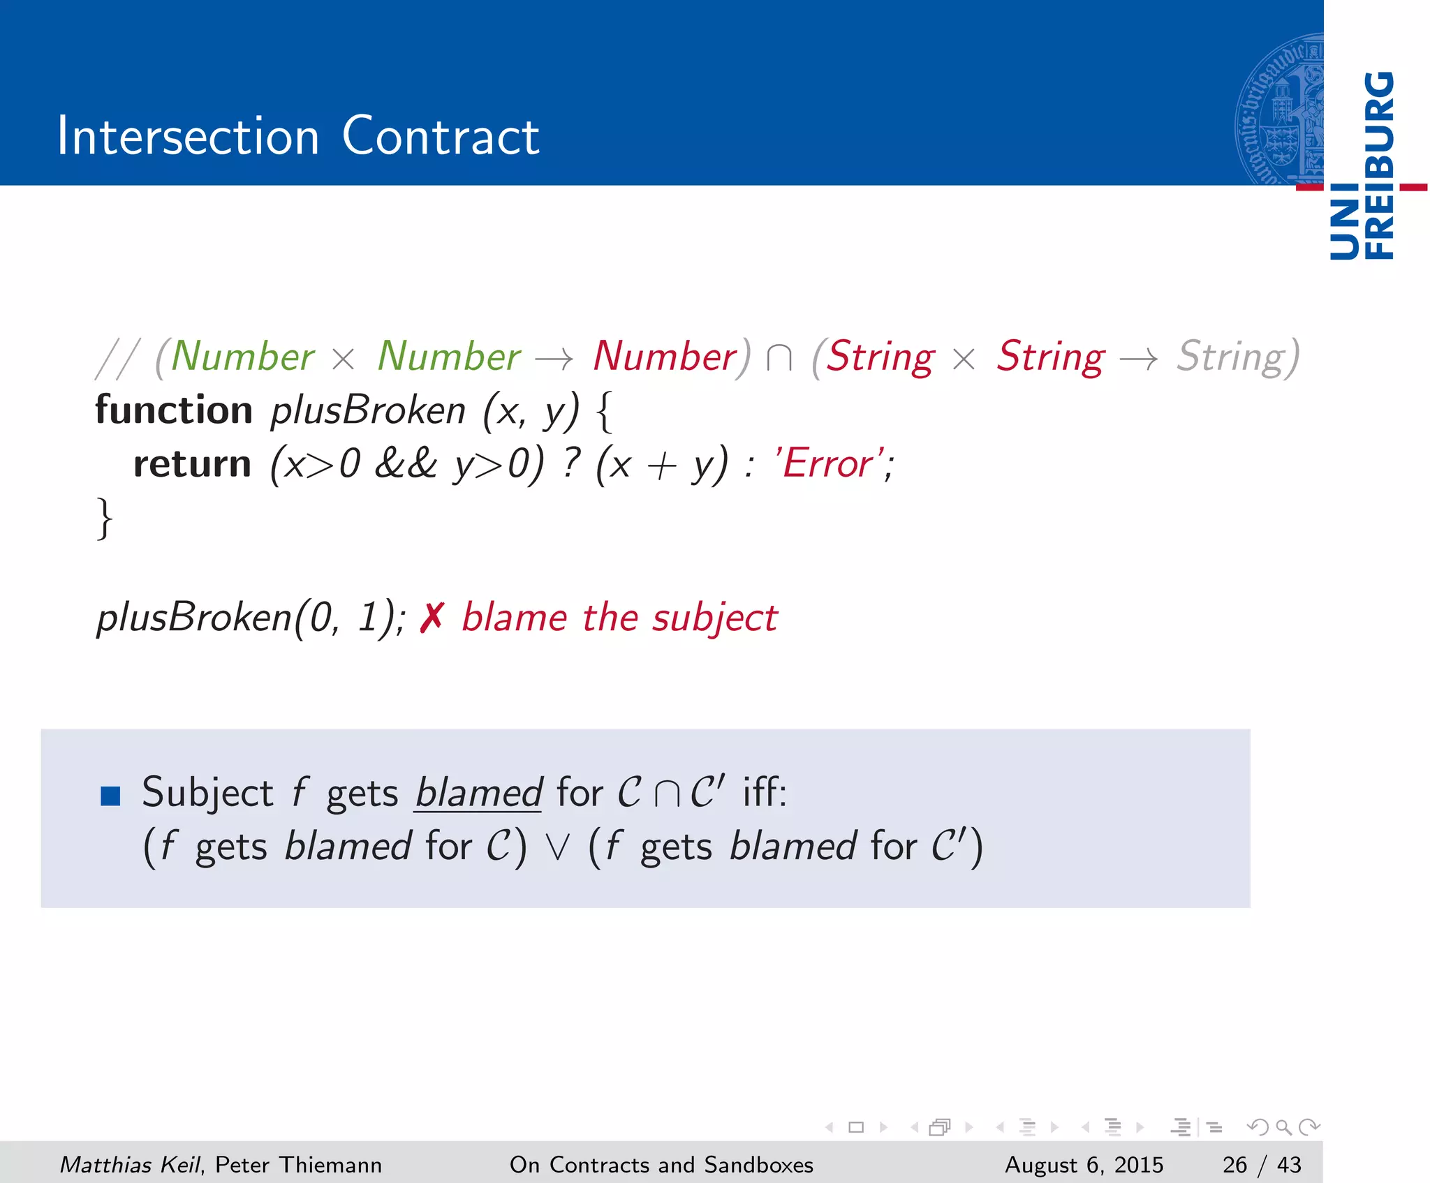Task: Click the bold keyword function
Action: point(173,410)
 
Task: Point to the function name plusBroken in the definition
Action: point(367,410)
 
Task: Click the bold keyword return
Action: point(192,464)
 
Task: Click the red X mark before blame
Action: point(432,618)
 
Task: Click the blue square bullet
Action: point(110,796)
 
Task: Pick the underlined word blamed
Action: point(478,793)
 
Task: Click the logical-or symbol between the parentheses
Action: point(557,847)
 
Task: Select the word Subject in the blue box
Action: point(207,793)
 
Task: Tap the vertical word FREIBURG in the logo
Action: point(1379,165)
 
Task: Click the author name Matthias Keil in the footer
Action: point(130,1164)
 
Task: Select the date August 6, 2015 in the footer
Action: point(1084,1164)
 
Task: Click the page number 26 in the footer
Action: point(1234,1164)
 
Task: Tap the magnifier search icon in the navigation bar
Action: point(1283,1126)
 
